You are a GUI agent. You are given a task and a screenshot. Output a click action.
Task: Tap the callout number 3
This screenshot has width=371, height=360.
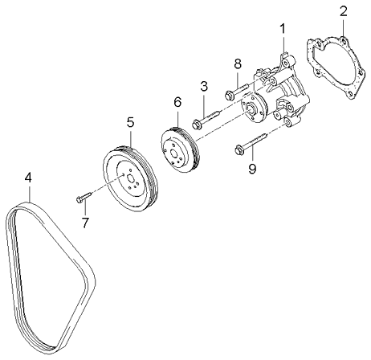(204, 86)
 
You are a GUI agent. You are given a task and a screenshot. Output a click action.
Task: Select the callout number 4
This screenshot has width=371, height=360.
(28, 177)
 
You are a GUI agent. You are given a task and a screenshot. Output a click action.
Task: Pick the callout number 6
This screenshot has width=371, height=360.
(178, 102)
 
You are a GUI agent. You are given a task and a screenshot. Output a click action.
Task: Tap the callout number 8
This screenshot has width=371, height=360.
(237, 63)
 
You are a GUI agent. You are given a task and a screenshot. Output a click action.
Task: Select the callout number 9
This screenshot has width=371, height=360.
(251, 168)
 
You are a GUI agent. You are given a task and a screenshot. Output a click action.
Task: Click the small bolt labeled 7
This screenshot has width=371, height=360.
(83, 195)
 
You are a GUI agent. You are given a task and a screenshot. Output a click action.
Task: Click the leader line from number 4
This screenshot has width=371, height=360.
(29, 194)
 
